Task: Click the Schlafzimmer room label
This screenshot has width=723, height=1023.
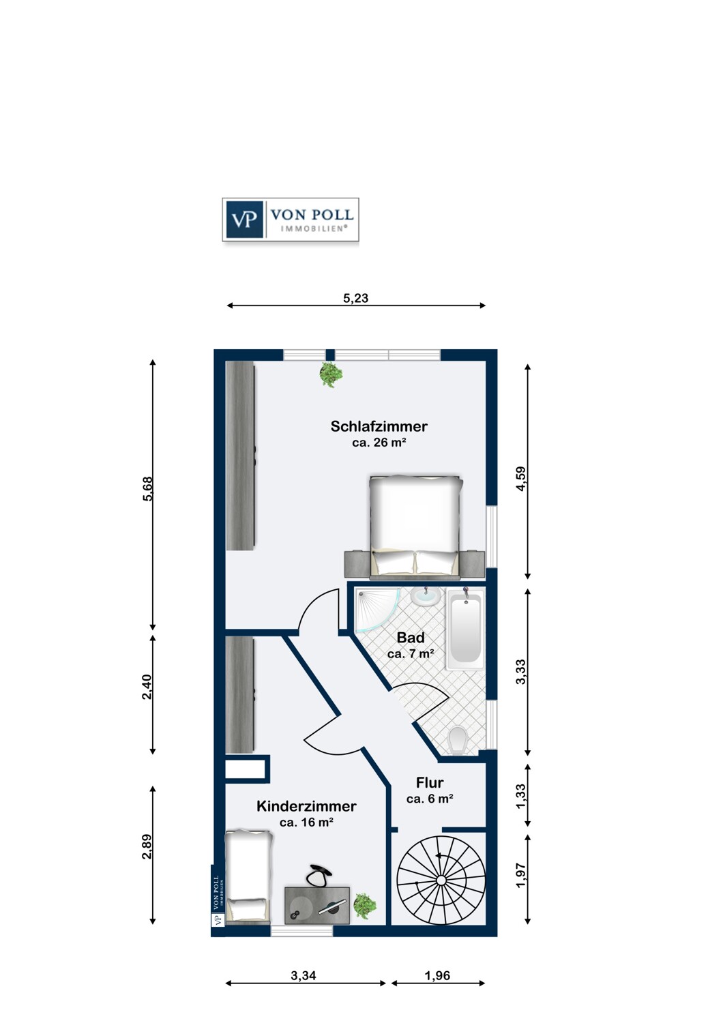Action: [x=379, y=426]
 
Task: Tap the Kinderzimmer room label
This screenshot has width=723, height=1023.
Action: [x=306, y=806]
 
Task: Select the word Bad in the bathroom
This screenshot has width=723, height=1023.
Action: [x=411, y=637]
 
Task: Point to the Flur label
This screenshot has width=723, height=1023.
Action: [x=429, y=783]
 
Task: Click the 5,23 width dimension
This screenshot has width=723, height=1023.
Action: [x=355, y=298]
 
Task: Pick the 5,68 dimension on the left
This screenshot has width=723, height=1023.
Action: [x=147, y=489]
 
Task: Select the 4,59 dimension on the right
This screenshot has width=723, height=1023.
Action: [x=520, y=479]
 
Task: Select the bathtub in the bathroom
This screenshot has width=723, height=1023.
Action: [x=465, y=629]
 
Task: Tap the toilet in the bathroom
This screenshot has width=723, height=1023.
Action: [x=457, y=741]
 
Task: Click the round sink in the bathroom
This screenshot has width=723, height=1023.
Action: [x=426, y=597]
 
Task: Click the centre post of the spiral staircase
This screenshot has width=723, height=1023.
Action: [x=441, y=880]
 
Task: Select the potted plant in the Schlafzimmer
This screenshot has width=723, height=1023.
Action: [x=331, y=374]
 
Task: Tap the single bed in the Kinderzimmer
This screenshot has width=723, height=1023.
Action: [x=250, y=876]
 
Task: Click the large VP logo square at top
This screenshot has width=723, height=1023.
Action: [x=243, y=220]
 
